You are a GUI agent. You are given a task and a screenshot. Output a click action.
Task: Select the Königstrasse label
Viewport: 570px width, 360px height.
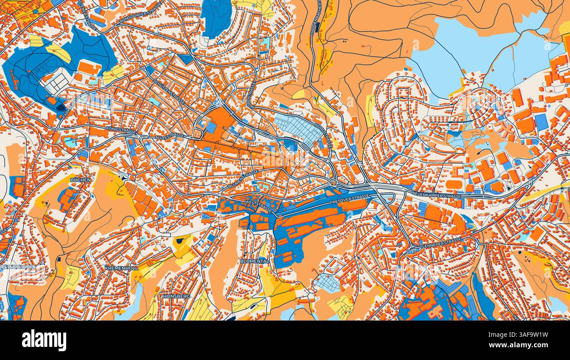pos(121,131)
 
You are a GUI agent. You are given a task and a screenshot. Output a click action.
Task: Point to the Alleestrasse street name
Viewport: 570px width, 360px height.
pos(170,136)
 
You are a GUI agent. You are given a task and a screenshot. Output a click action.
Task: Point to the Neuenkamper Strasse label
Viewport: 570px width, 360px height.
pos(438,195)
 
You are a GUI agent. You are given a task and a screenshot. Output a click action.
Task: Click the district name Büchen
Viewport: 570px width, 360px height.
pos(80,180)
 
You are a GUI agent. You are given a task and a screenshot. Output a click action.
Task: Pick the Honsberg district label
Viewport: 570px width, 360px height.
pos(176,296)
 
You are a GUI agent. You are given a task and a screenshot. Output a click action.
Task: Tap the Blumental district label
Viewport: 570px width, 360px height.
pos(255,261)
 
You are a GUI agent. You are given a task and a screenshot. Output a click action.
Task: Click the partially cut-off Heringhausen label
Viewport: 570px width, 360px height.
pos(18,267)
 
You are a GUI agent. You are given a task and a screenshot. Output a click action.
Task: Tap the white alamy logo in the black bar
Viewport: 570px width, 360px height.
pos(44,340)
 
